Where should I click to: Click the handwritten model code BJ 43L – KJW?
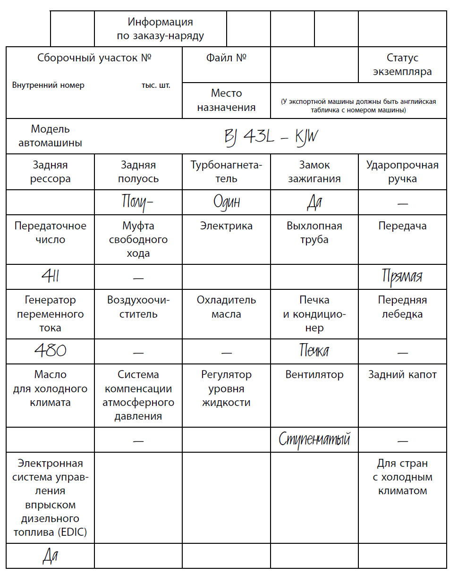271,137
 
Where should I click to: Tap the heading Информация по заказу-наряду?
161,29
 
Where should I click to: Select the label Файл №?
227,58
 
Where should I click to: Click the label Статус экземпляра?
402,65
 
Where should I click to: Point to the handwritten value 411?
50,277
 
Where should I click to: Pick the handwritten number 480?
50,351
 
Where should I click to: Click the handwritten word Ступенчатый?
314,439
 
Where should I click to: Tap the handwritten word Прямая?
402,276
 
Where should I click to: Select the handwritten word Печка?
314,351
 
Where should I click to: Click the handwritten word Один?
227,202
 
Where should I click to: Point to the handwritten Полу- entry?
138,202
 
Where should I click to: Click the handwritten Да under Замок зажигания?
314,202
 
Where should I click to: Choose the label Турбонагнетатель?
227,172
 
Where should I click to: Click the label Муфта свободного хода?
138,239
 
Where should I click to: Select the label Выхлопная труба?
314,232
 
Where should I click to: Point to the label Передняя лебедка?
402,307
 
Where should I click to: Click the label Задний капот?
402,375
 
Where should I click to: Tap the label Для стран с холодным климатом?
402,477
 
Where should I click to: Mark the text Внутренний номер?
48,85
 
